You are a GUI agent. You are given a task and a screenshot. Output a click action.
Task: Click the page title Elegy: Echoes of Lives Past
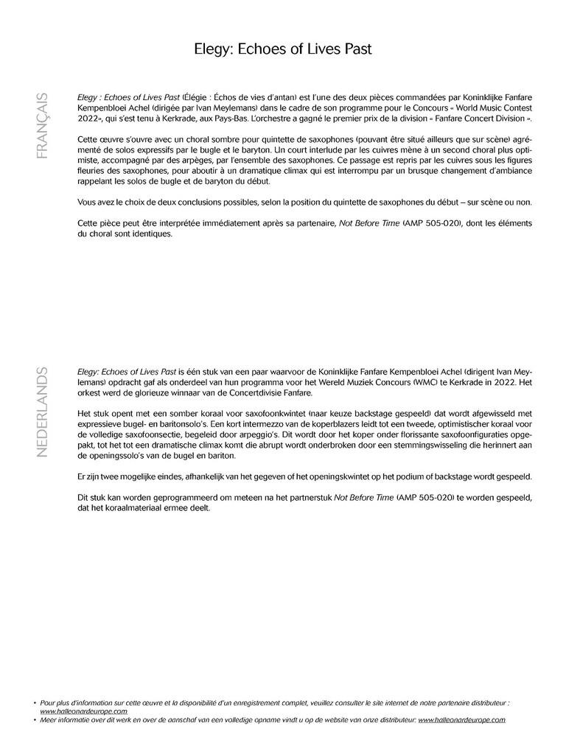click(283, 49)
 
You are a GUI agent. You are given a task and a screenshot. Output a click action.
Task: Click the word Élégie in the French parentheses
click(199, 96)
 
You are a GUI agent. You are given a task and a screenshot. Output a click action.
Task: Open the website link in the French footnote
click(83, 711)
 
